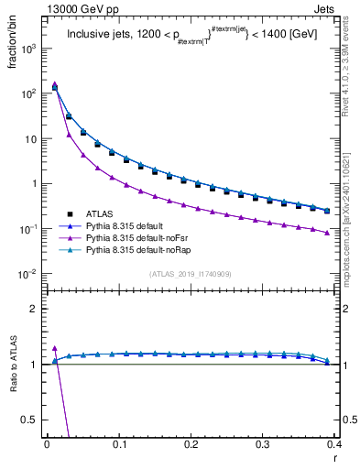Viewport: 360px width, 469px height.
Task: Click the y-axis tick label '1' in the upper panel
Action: tap(38, 184)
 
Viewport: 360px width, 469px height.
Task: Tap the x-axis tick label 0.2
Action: tap(191, 443)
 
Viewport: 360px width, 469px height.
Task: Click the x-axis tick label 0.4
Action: tap(333, 443)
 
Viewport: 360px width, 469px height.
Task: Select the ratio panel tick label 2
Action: tap(38, 309)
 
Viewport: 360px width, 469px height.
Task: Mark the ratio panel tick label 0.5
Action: tap(33, 420)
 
